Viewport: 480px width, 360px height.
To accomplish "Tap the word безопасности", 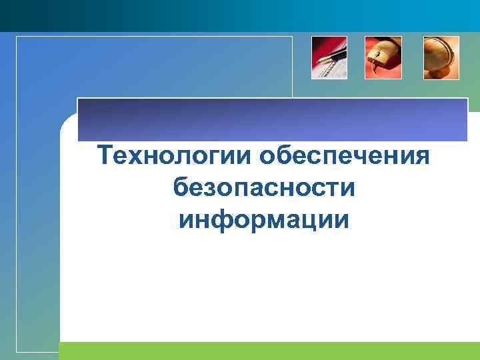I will pyautogui.click(x=263, y=188).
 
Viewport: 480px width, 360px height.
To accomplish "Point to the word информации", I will pyautogui.click(x=263, y=219).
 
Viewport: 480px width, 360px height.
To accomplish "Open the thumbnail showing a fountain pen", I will pyautogui.click(x=329, y=57).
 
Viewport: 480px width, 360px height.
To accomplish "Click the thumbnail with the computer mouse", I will pyautogui.click(x=383, y=57).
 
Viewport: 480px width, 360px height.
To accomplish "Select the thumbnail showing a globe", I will pyautogui.click(x=441, y=57).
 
